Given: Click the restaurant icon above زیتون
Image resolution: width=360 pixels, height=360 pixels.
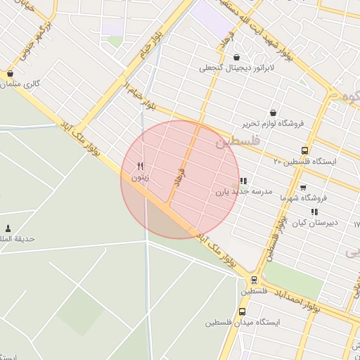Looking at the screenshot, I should [141, 166].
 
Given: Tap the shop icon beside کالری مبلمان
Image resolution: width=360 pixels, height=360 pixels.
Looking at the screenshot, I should [10, 73].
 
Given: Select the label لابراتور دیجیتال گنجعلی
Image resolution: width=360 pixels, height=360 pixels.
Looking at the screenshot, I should [234, 68].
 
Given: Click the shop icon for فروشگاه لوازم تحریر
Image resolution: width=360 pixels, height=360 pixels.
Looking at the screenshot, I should [273, 112].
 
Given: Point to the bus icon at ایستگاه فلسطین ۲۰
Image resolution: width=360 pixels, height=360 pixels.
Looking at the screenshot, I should [304, 150].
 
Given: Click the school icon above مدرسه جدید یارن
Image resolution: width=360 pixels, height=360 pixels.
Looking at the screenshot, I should [243, 181].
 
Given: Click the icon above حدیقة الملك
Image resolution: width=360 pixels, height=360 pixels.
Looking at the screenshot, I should [8, 228].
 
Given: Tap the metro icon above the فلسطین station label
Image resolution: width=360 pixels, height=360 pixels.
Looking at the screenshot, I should [254, 279].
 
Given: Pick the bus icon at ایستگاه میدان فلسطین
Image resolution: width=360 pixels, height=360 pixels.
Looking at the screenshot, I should [243, 311].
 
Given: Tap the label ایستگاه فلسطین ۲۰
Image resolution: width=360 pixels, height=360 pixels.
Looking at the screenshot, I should [305, 161].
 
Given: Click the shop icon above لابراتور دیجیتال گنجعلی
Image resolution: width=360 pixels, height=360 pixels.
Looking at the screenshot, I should [235, 57].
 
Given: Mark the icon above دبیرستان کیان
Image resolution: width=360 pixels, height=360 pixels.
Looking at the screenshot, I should [314, 211].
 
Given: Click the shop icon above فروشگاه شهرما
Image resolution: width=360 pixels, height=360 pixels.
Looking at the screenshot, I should [303, 188].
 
